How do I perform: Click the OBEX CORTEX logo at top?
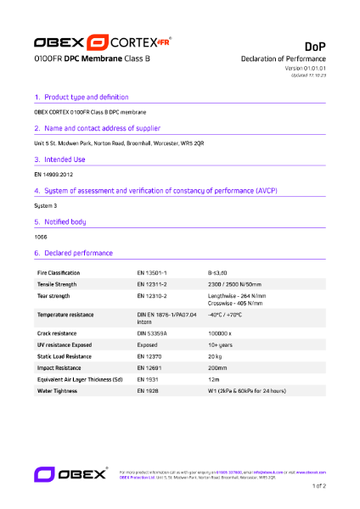pos(103,42)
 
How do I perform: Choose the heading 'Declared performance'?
pos(77,253)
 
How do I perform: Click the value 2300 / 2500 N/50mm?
pos(237,284)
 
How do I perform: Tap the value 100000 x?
pos(222,333)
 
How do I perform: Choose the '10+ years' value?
pos(221,345)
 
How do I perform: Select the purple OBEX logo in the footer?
pos(70,473)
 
